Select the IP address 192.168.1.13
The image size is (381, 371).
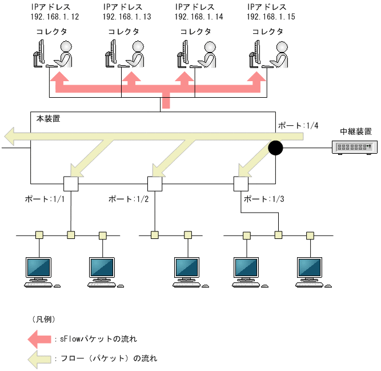point(127,17)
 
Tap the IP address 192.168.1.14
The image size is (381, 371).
point(199,17)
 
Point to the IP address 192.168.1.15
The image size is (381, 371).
point(271,17)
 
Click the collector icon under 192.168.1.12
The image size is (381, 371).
point(54,55)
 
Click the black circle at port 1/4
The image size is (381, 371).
point(275,149)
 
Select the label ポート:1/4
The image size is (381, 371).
point(294,125)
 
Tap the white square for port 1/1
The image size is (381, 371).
point(70,184)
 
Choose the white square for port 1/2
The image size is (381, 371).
point(155,184)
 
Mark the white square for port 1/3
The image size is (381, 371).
point(240,184)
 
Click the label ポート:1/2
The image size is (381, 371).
point(128,200)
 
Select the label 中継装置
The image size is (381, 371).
point(355,131)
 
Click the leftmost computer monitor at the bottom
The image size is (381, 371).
point(39,269)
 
